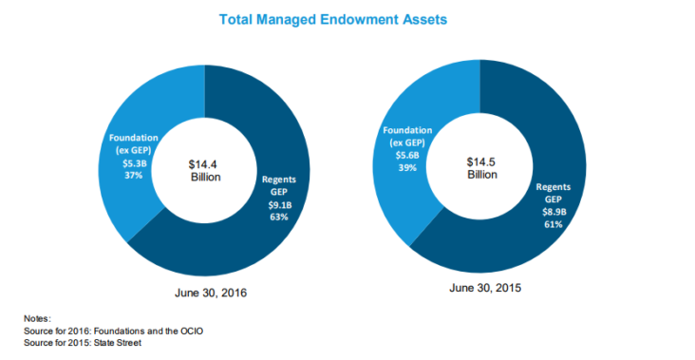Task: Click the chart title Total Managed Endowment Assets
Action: coord(347,19)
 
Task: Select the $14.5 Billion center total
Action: coord(481,169)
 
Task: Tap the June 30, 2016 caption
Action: coord(206,295)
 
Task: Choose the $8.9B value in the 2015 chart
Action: coord(553,212)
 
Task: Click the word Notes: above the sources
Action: coord(38,319)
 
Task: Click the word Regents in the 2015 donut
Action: coord(553,187)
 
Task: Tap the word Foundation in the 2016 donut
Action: coord(133,137)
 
